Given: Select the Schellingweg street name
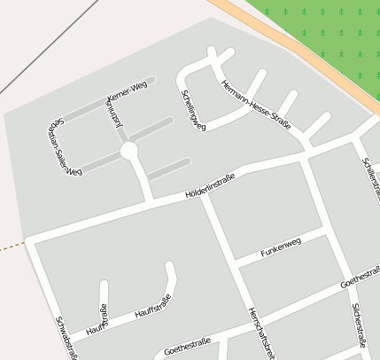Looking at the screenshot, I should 193,111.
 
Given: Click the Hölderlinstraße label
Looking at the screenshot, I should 210,184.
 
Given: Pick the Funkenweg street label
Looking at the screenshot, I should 281,247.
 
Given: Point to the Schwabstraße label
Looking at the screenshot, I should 66,338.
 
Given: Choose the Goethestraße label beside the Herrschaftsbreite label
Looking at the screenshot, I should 187,345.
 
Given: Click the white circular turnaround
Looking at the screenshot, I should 129,151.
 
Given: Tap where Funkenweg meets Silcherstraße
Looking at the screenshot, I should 328,232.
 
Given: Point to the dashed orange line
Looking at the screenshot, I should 11,247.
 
